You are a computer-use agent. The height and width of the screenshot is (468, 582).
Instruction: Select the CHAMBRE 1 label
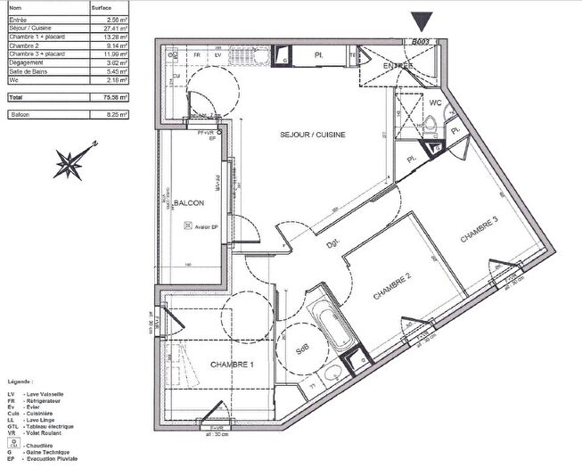tap(232, 365)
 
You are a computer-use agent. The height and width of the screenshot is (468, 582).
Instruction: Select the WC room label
tap(436, 103)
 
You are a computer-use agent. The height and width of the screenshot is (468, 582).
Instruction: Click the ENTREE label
tap(397, 66)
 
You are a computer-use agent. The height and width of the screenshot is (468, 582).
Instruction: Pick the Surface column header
tap(102, 6)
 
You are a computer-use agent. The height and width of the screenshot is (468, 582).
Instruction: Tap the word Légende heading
tap(21, 379)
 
